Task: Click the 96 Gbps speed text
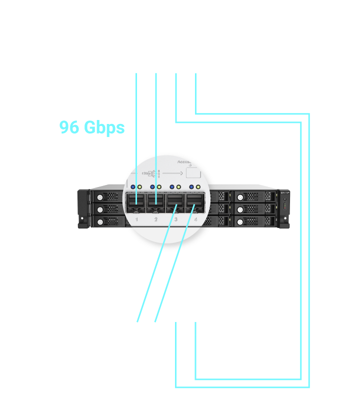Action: tap(92, 127)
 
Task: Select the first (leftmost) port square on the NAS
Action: tap(136, 73)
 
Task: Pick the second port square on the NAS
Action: tap(156, 73)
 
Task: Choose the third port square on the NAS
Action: tap(176, 73)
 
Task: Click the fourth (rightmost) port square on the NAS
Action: tap(195, 73)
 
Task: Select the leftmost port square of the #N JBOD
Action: tap(136, 321)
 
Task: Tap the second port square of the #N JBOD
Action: tap(156, 321)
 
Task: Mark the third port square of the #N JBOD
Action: tap(176, 321)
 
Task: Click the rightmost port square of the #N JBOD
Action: tap(195, 321)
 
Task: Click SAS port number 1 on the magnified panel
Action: tap(136, 202)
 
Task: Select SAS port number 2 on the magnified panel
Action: tap(156, 202)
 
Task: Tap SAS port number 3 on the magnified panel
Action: tap(175, 202)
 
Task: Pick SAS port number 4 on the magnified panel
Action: tap(195, 202)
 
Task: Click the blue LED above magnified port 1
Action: tap(133, 187)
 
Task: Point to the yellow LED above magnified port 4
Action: tap(198, 187)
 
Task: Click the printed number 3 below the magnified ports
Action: tap(175, 219)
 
